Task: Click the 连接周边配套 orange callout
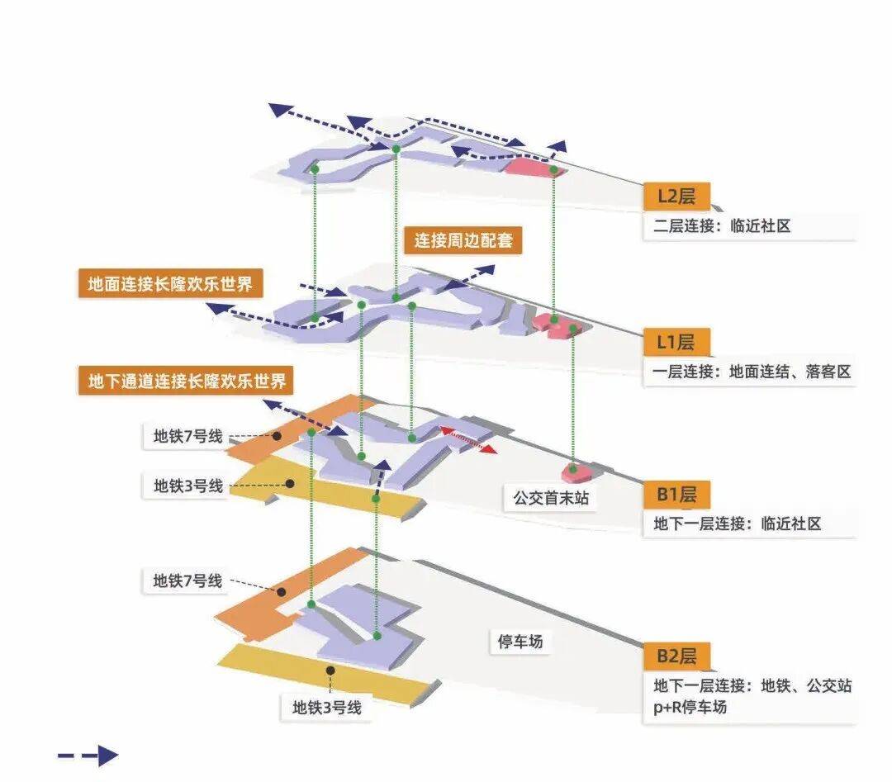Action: coord(463,241)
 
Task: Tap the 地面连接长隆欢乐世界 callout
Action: coord(170,285)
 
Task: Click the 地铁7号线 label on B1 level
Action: coord(188,436)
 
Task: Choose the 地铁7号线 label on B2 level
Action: coord(187,581)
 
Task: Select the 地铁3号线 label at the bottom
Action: coord(326,707)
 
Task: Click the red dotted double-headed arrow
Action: coord(467,439)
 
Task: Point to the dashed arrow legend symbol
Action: coord(88,755)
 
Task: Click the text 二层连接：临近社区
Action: coord(722,225)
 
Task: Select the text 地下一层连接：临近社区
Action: coord(737,524)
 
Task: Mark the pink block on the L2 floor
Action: coord(534,168)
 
